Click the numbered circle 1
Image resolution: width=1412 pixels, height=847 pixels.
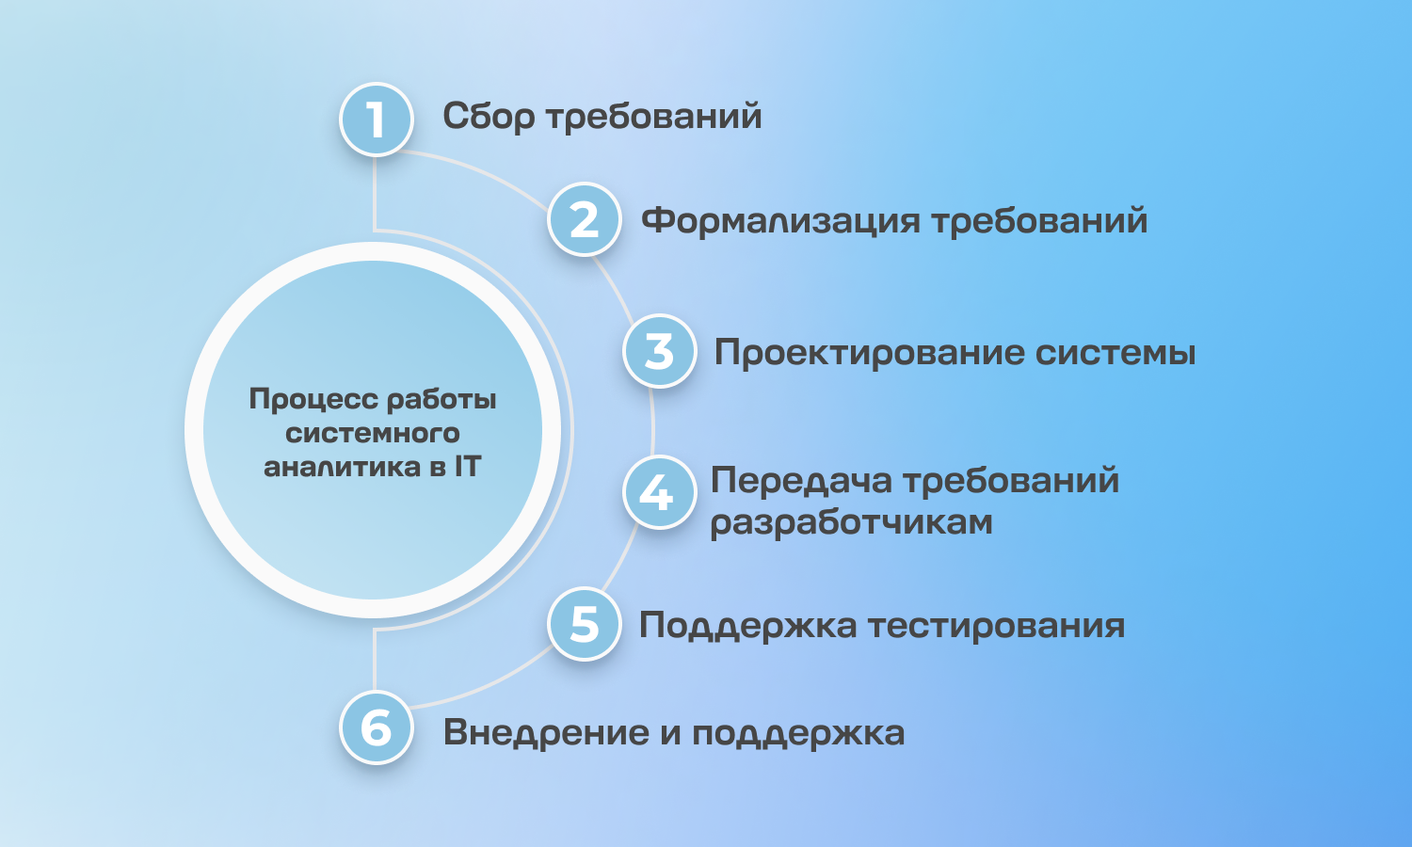click(377, 120)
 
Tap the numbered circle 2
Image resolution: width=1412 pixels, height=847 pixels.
click(585, 219)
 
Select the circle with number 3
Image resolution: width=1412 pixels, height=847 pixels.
click(659, 351)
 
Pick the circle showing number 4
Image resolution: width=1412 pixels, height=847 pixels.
click(659, 492)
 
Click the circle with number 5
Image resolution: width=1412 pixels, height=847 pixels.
click(585, 624)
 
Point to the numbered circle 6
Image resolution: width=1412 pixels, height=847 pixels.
click(377, 727)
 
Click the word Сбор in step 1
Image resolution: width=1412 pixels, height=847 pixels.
click(489, 118)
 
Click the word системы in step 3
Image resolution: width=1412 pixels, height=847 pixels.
click(1115, 353)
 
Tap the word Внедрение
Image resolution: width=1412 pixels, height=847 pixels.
click(546, 733)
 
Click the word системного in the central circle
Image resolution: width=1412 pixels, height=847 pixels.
click(373, 434)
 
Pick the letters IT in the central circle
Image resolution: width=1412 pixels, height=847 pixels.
click(468, 467)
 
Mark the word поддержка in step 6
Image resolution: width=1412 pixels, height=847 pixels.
click(798, 733)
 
